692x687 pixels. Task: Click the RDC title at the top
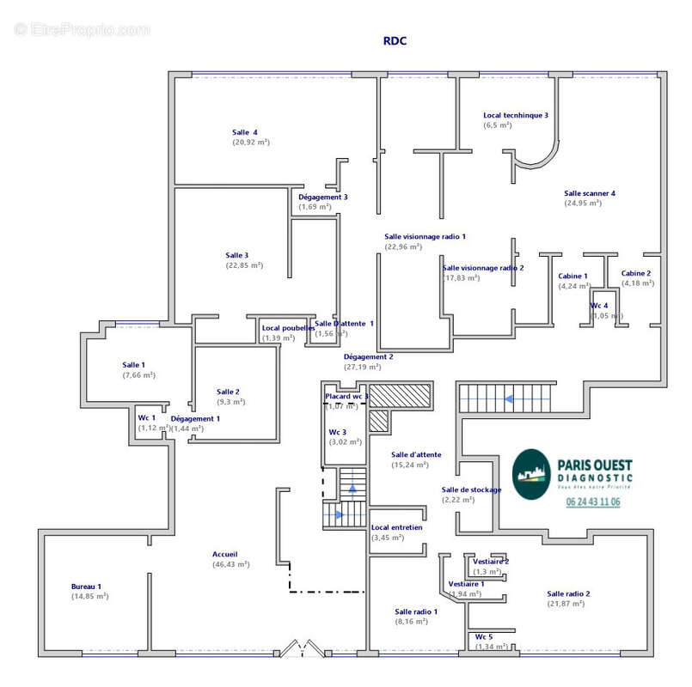395,40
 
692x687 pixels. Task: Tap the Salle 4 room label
245,132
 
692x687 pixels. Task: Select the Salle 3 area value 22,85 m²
244,265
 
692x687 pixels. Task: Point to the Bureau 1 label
86,587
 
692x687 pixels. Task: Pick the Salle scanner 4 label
590,193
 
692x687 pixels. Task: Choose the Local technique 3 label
516,115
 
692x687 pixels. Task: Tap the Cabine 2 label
636,273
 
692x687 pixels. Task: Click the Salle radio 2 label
569,593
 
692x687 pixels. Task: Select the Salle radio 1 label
416,611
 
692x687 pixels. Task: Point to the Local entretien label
396,527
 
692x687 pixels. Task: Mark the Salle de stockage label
471,489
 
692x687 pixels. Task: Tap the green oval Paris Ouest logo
530,474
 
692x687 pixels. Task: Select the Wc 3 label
338,432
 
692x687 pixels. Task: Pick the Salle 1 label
133,365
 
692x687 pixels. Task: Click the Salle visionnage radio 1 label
425,236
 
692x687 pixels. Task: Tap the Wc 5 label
484,636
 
